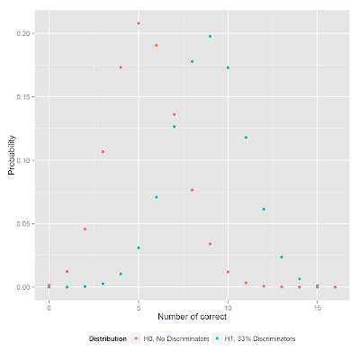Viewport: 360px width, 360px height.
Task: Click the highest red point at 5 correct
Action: [139, 23]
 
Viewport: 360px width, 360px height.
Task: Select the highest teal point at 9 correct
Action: [210, 37]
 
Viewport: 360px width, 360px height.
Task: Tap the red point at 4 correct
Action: [121, 67]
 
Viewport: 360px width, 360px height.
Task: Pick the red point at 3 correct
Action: [103, 152]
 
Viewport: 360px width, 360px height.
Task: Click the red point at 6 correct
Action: [157, 45]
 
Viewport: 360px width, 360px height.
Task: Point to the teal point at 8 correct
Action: [192, 61]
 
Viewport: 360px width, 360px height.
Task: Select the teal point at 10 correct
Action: [228, 67]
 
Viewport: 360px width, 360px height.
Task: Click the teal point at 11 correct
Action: [246, 138]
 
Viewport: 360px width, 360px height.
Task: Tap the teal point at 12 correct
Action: [264, 209]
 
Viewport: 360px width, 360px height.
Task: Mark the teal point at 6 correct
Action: [157, 197]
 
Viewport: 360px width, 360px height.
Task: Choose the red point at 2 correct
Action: [85, 229]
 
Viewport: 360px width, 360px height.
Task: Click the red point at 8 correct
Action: [192, 190]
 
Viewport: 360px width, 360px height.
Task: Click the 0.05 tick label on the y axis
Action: [24, 223]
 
